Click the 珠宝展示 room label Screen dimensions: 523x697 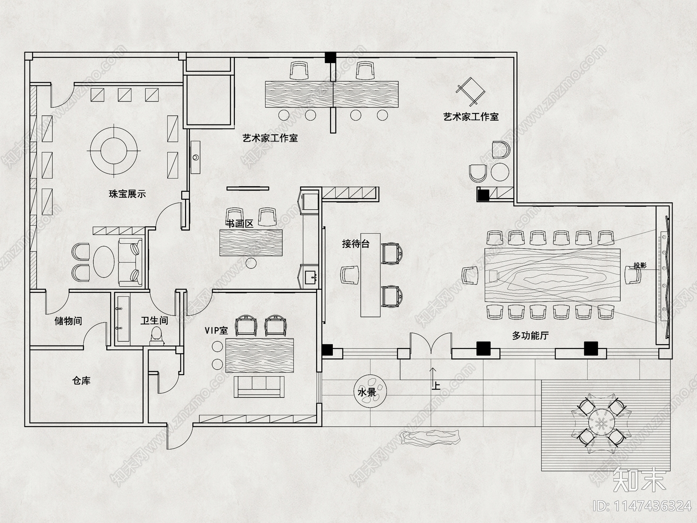tap(127, 194)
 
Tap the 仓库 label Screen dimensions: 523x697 tap(81, 380)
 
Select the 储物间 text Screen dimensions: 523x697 tap(68, 321)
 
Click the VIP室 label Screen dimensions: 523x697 tap(216, 330)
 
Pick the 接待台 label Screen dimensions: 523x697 tap(355, 244)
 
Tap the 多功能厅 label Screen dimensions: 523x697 tap(530, 336)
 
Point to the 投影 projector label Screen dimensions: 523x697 tap(639, 265)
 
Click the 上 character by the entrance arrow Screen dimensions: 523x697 tap(436, 385)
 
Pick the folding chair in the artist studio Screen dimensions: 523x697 tap(470, 91)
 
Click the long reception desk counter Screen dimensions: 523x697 tap(370, 279)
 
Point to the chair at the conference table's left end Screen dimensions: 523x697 tap(470, 275)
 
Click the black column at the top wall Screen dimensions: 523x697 tap(331, 57)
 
